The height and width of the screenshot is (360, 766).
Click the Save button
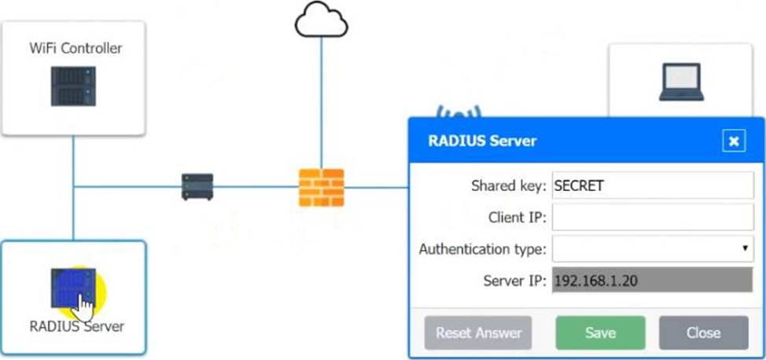pos(600,332)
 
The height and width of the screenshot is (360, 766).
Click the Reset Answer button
pos(478,332)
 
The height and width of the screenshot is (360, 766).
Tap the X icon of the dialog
pos(733,141)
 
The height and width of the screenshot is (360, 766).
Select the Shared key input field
pos(653,186)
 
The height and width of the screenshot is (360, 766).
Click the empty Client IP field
pos(653,218)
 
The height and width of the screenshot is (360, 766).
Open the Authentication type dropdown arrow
pos(744,248)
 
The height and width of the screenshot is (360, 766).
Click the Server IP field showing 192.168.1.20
pos(653,281)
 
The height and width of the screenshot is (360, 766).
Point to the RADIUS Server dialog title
pos(482,141)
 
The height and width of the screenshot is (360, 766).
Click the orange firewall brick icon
pos(321,187)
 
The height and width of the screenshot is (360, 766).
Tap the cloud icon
pos(321,21)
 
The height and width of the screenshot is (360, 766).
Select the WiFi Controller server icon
pos(73,86)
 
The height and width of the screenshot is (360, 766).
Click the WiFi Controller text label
pos(75,49)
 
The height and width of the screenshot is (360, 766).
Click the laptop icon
pos(680,83)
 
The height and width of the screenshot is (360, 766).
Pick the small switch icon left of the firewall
pos(197,187)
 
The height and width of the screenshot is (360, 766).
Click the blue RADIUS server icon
pos(72,289)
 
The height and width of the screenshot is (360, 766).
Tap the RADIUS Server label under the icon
pos(76,325)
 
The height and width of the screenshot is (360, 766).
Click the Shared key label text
pos(507,186)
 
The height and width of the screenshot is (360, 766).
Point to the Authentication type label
pos(482,249)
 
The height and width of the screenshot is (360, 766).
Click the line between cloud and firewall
pos(321,102)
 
